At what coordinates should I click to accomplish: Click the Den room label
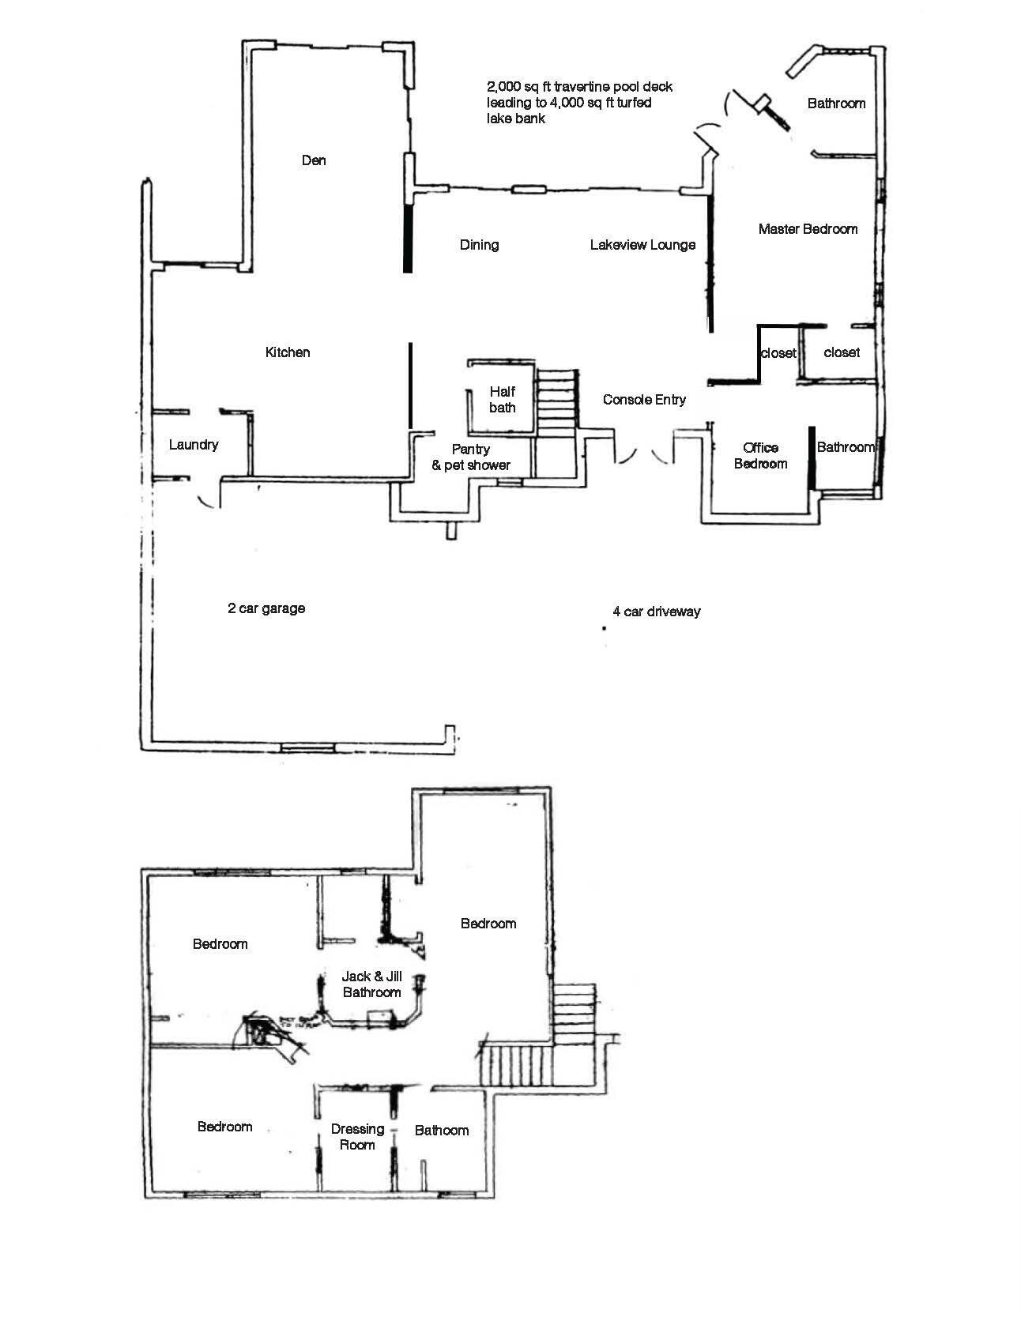pos(314,160)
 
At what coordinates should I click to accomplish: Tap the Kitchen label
pos(288,352)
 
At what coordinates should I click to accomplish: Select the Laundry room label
pos(194,445)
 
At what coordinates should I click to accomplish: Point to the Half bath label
pos(503,400)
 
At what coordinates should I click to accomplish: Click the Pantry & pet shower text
pos(471,457)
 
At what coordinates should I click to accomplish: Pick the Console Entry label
pos(644,400)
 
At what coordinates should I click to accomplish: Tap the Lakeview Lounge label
pos(642,245)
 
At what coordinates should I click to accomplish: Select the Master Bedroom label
pos(808,229)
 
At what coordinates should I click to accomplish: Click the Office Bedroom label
pos(760,456)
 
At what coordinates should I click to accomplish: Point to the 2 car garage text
pos(266,608)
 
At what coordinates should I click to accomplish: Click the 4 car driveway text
pos(657,612)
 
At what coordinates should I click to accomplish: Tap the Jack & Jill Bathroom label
pos(371,984)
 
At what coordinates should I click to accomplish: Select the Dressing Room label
pos(357,1137)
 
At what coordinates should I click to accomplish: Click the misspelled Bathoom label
pos(442,1131)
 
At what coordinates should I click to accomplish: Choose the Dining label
pos(479,245)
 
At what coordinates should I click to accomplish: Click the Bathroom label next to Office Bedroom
pos(846,447)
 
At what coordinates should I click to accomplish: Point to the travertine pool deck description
pos(579,102)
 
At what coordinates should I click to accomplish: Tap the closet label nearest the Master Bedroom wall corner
pos(778,353)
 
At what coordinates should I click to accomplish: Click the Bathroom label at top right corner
pos(836,103)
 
